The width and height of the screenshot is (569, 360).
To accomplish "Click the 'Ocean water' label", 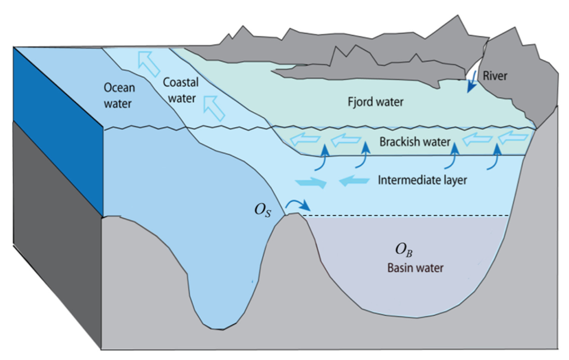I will click(119, 95).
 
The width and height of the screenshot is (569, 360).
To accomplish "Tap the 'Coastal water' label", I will click(181, 90).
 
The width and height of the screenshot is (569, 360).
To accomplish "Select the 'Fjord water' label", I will click(376, 101).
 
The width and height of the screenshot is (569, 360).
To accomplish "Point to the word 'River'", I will click(495, 76).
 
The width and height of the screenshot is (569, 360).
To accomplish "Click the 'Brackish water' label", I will click(415, 141).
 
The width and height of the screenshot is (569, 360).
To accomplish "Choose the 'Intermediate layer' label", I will click(422, 179).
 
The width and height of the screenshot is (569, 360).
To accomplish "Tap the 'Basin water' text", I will click(415, 268).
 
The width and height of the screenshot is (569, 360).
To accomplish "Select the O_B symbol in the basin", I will click(404, 251).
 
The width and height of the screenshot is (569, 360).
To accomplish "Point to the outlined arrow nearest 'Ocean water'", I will click(149, 65).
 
